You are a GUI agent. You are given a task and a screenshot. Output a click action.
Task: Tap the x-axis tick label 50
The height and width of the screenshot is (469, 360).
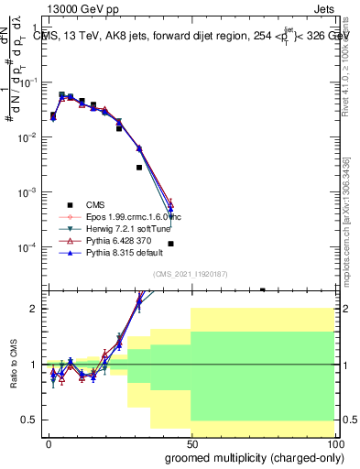[x=191, y=443]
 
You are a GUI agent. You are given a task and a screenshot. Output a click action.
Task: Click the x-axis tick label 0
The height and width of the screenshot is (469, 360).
[x=49, y=443]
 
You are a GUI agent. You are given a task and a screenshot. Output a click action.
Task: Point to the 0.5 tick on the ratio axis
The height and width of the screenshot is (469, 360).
[x=30, y=420]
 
